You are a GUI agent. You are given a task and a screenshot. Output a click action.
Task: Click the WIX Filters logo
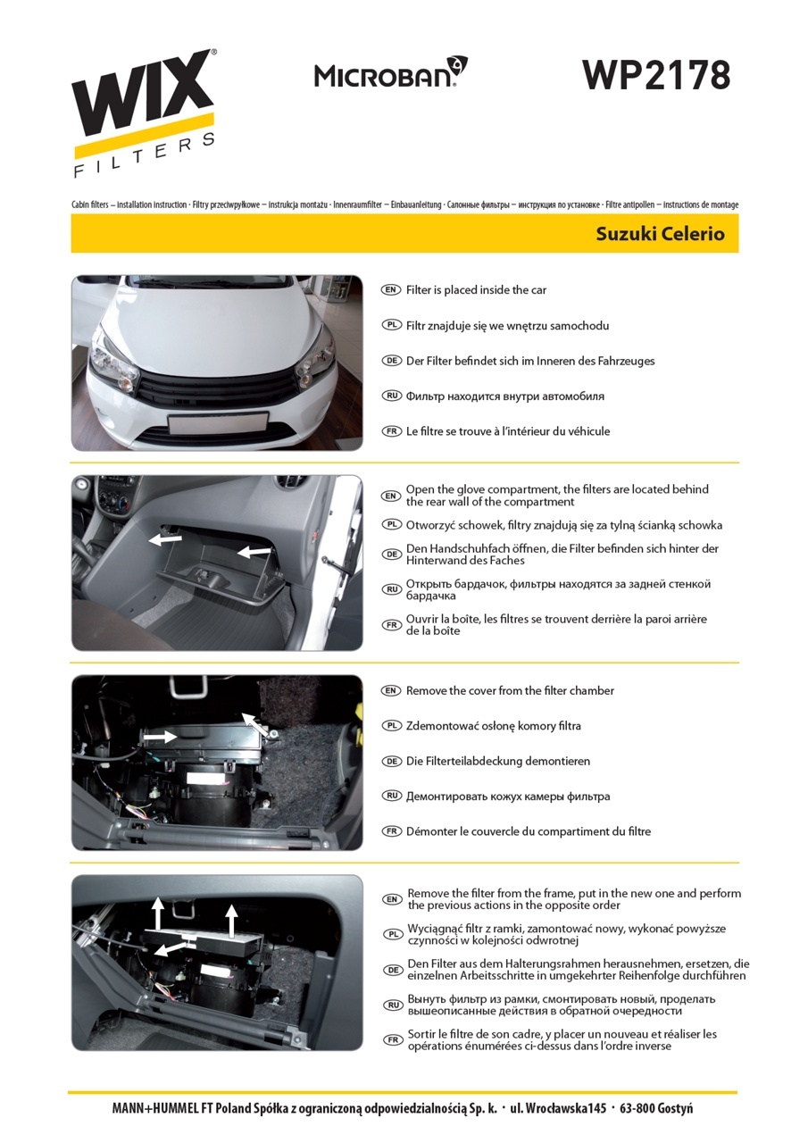pos(144,113)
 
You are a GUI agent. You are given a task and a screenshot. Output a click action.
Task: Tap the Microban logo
pos(391,72)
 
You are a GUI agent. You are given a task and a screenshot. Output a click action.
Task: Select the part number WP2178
pos(656,76)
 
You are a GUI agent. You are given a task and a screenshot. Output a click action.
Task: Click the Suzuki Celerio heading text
pos(660,234)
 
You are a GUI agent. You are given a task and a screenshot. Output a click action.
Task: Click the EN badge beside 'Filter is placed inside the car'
pos(391,290)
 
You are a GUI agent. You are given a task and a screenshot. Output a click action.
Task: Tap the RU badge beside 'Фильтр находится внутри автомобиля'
pos(391,396)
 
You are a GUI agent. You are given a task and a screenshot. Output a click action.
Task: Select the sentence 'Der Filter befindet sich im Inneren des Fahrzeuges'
pos(530,361)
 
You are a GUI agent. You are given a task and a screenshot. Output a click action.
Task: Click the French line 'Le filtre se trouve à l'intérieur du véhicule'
pos(507,431)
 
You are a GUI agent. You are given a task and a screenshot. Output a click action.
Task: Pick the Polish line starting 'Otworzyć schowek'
pos(563,525)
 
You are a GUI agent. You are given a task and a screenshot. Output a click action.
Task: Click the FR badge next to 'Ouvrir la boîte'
pos(391,625)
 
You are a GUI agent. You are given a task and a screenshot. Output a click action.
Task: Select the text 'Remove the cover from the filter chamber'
pos(510,690)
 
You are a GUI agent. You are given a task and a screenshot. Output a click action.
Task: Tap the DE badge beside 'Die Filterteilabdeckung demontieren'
pos(391,762)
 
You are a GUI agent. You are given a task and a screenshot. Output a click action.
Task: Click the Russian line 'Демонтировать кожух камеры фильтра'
pos(507,797)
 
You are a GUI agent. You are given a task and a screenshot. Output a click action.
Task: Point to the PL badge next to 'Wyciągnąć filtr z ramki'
pos(392,934)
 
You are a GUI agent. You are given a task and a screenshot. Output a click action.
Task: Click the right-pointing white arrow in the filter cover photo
pos(159,737)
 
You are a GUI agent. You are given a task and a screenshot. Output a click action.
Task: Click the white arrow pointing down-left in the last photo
pos(171,948)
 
